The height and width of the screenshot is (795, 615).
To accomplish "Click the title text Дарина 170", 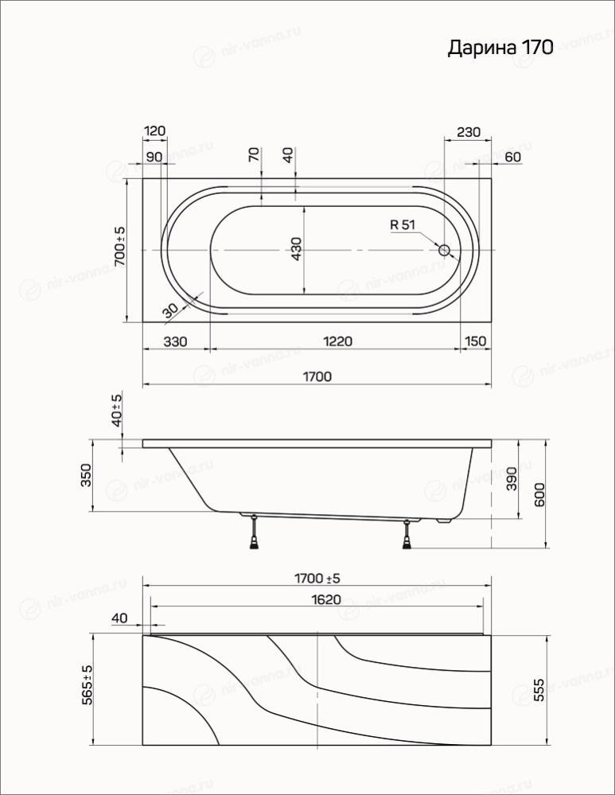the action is point(500,49).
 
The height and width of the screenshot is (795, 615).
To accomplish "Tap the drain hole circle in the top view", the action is point(444,250).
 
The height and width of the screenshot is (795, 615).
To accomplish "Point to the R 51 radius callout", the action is point(403,224).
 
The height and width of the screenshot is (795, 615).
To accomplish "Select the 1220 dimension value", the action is point(337,341).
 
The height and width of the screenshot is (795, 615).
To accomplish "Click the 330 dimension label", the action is point(175,341).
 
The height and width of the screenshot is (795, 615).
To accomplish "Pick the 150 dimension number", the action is point(475,341).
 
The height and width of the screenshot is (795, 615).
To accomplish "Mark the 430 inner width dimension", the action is point(297,249).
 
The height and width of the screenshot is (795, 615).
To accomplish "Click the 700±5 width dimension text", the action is point(119,247).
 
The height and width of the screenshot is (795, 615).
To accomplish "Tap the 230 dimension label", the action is point(468,132).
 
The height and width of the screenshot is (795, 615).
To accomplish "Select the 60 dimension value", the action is point(512,158).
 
